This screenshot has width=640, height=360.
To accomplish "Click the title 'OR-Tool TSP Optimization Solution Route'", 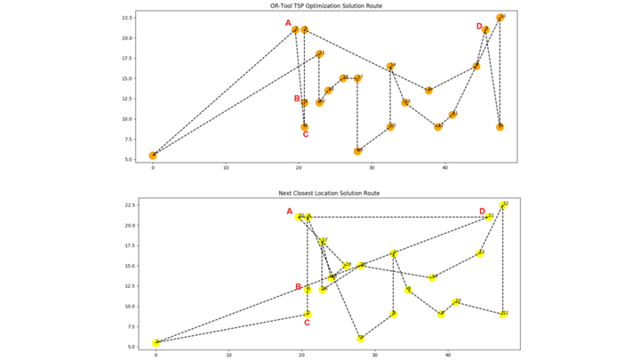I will pyautogui.click(x=320, y=6).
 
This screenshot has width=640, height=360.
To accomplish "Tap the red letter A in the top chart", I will pyautogui.click(x=287, y=23).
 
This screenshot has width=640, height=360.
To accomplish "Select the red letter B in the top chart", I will pyautogui.click(x=297, y=99).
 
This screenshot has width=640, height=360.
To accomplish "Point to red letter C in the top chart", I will pyautogui.click(x=305, y=135).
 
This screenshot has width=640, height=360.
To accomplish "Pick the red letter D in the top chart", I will pyautogui.click(x=479, y=27).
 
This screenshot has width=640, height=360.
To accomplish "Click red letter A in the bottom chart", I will pyautogui.click(x=289, y=212).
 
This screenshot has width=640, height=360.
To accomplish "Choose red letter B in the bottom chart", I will pyautogui.click(x=298, y=286).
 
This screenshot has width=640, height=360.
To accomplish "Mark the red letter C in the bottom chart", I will pyautogui.click(x=307, y=323).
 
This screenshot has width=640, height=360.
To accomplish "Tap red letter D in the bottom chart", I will pyautogui.click(x=482, y=212).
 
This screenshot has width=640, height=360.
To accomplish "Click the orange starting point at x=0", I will pyautogui.click(x=153, y=156).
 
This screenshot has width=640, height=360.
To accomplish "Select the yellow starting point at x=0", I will pyautogui.click(x=156, y=342).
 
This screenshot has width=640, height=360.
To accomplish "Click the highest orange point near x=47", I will pyautogui.click(x=500, y=18).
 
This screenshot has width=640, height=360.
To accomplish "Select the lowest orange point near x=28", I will pyautogui.click(x=357, y=151).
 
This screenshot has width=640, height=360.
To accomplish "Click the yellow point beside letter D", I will pyautogui.click(x=489, y=217).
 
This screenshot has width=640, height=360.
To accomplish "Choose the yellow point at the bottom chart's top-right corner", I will pyautogui.click(x=504, y=204).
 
